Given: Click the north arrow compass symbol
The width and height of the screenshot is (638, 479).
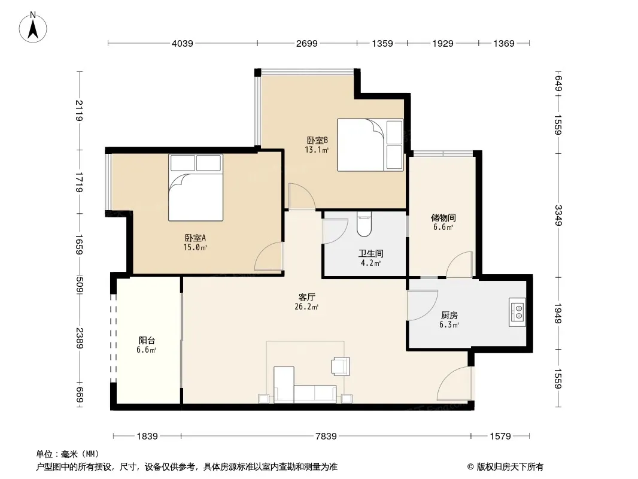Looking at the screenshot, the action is (x=33, y=28).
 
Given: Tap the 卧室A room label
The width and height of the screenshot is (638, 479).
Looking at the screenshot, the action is (x=195, y=238).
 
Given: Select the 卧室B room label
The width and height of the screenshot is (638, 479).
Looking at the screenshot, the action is (x=317, y=140).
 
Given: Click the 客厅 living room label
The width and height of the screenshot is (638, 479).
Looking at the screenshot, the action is (x=307, y=298).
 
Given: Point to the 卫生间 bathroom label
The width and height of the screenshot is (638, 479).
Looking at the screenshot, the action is (x=370, y=253).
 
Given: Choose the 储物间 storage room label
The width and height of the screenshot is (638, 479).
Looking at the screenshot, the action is (x=443, y=218).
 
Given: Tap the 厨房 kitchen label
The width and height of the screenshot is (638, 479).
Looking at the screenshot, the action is (x=449, y=316).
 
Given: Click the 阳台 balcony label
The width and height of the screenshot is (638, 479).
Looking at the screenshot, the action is (x=147, y=341).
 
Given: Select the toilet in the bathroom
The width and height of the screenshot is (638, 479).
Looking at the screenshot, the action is (x=364, y=225).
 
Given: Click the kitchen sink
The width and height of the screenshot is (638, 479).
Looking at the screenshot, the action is (x=517, y=312).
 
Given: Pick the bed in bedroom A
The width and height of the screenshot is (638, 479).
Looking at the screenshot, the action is (x=196, y=187).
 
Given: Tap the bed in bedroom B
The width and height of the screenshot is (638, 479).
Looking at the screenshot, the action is (x=370, y=144).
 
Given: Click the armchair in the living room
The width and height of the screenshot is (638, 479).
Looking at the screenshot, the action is (x=341, y=366).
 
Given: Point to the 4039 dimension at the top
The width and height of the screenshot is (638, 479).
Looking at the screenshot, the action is (x=183, y=43).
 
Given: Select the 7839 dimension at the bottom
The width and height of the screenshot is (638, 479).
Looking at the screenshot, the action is (x=326, y=436).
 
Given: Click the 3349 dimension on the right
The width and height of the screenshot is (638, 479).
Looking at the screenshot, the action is (x=558, y=216).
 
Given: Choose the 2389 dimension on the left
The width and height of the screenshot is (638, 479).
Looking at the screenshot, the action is (x=80, y=338).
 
